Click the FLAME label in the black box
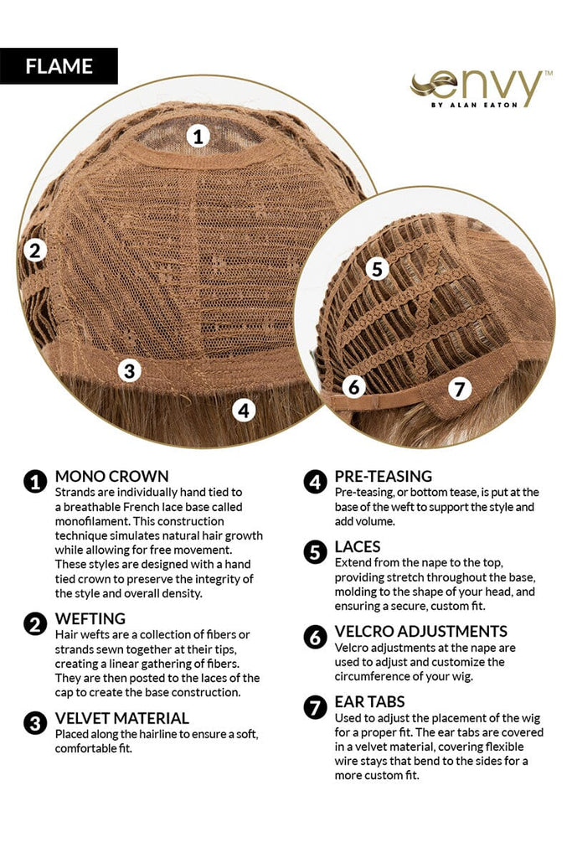pos(59,66)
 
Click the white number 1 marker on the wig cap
pos(198,135)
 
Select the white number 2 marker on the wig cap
pos(35,251)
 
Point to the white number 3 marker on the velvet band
pos(130,370)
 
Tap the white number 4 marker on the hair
pos(244,410)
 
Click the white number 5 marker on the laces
pos(378,269)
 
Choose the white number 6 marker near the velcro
pos(353,387)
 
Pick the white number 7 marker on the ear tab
pos(459,389)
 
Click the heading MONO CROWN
pos(112,476)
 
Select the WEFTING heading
pos(90,618)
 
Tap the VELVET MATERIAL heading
pos(122,718)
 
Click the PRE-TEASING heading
pos(384,476)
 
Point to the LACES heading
pos(358,546)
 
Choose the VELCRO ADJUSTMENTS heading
pos(421,632)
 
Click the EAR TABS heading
pos(369,701)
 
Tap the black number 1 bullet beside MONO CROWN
pos(35,482)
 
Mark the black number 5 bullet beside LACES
pos(315,553)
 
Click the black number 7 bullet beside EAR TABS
pos(315,707)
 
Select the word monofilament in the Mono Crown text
pos(90,521)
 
